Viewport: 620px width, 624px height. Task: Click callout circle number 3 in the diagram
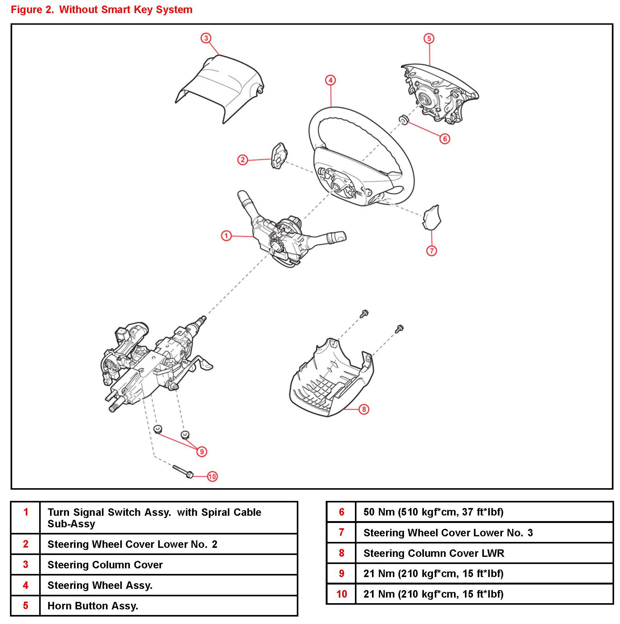(206, 38)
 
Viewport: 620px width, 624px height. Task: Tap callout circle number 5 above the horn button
(429, 39)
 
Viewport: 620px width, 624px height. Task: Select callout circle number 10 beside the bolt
(212, 476)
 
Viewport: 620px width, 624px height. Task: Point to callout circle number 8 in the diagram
(364, 409)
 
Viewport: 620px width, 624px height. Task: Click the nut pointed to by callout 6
(403, 119)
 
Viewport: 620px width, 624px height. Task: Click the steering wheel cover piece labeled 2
(278, 156)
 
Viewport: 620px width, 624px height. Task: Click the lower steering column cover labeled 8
(331, 381)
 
